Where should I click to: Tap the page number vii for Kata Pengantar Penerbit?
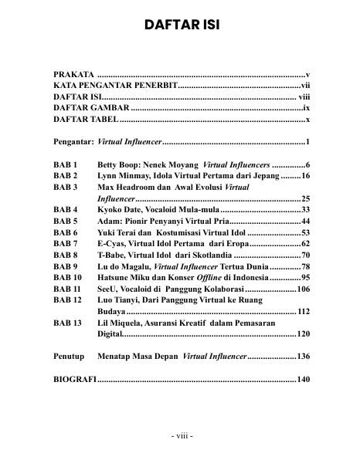point(305,86)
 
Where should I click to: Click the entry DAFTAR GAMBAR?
point(81,109)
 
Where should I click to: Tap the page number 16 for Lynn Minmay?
point(305,176)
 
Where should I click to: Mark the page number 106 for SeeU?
point(303,288)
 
